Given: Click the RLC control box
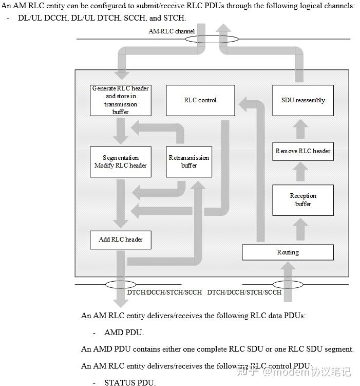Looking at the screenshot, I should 200,100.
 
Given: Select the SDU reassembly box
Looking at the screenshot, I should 303,100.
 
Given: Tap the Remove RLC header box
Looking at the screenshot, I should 303,151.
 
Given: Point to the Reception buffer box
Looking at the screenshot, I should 303,200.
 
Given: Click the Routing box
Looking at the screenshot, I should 288,252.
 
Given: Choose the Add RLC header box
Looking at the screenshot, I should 121,240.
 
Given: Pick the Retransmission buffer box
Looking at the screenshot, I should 189,162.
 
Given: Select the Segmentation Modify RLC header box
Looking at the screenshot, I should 121,162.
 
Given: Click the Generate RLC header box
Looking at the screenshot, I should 121,100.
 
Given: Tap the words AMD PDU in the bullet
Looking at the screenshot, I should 124,333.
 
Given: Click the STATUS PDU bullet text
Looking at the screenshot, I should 129,382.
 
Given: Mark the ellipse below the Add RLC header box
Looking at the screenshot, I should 121,284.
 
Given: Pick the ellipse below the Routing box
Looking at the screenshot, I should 288,284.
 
